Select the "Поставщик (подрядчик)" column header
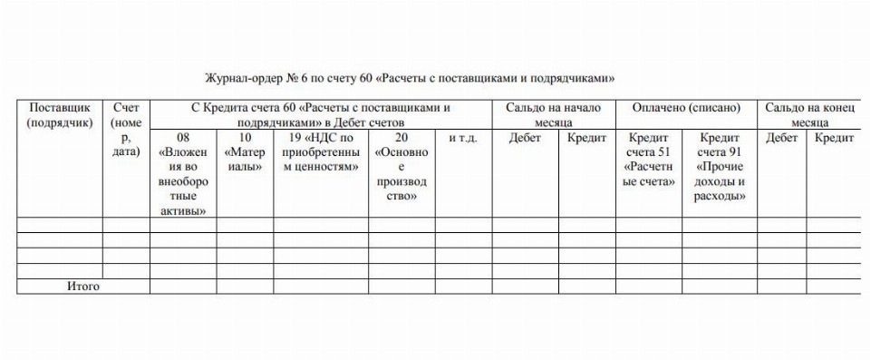tap(60, 115)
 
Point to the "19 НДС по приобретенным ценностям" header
tap(321, 152)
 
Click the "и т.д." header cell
tap(463, 138)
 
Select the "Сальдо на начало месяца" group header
tap(553, 115)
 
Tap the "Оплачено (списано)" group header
tap(686, 108)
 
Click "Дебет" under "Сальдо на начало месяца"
tap(525, 138)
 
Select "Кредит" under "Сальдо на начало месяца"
tap(586, 138)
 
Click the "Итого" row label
tap(82, 287)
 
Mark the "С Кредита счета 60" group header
tap(321, 115)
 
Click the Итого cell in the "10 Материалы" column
tap(245, 287)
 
